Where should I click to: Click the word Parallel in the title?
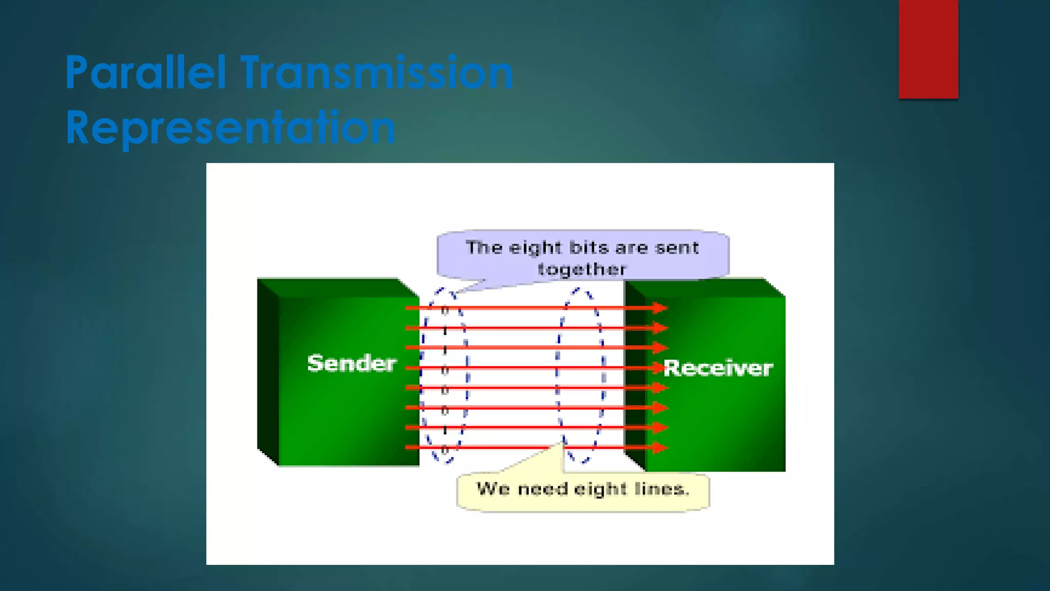click(x=146, y=73)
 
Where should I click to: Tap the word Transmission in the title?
click(x=377, y=73)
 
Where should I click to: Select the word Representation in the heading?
click(x=231, y=128)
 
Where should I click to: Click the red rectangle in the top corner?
click(x=928, y=49)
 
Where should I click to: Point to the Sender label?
click(x=352, y=363)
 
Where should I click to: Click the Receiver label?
click(x=718, y=368)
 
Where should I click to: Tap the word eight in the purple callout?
click(x=535, y=248)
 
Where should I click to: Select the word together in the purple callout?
click(x=582, y=269)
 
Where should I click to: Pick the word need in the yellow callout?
click(x=543, y=489)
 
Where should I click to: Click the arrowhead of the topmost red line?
click(x=660, y=308)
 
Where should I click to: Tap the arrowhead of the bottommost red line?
click(x=660, y=447)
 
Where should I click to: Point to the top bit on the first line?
click(x=445, y=310)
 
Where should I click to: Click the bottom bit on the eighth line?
click(x=445, y=450)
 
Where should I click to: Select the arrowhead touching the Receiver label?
click(x=659, y=368)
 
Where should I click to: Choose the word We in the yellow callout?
click(x=492, y=489)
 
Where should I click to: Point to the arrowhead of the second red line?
click(x=660, y=328)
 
